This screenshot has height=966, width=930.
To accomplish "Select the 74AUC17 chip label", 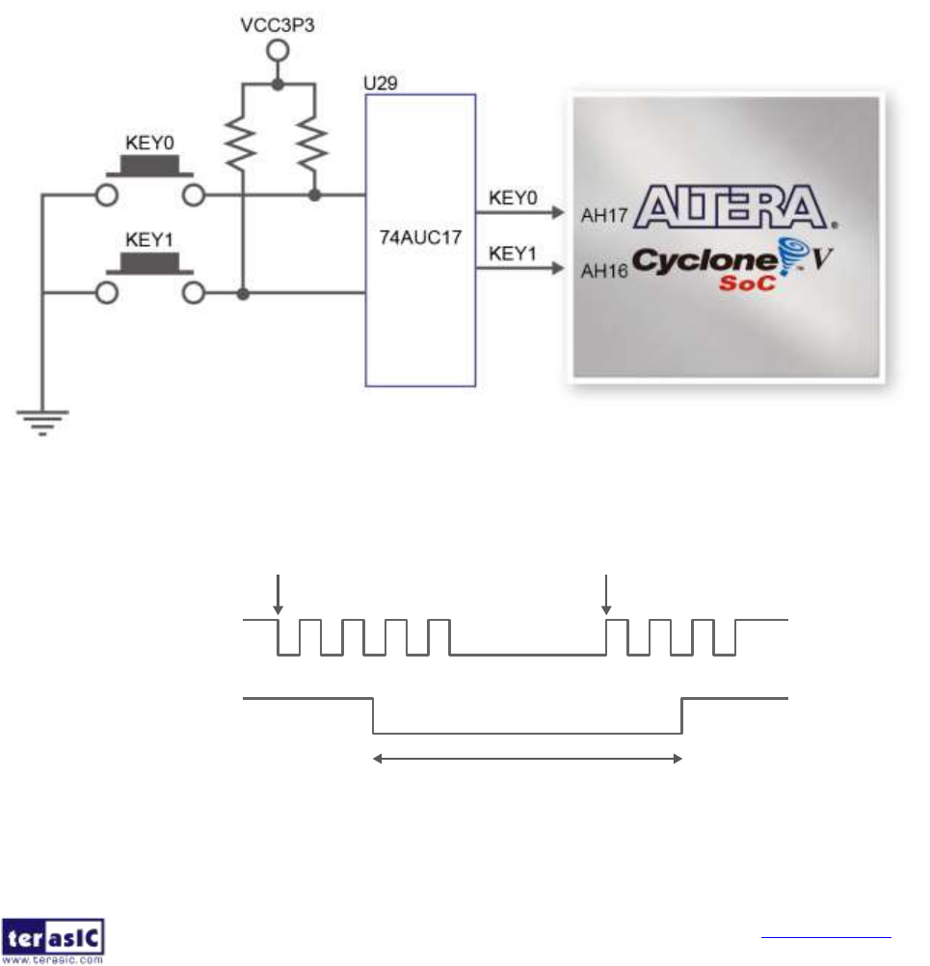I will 420,233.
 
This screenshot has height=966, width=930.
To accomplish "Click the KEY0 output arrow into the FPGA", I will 520,215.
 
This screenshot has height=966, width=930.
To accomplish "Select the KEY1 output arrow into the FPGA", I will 520,271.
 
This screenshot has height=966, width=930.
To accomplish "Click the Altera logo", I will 732,206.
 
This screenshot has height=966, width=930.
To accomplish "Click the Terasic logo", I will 56,940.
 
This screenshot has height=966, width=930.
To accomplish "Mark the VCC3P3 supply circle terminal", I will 277,51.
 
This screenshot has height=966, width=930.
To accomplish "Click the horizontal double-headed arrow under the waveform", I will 527,760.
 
